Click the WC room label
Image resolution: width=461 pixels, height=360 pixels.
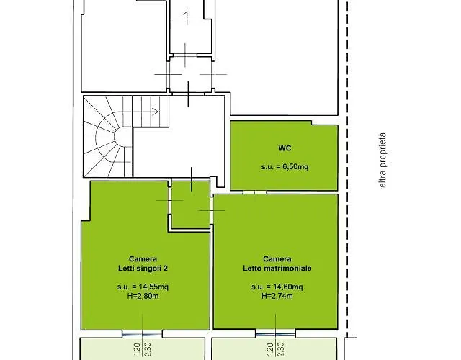tap(285, 148)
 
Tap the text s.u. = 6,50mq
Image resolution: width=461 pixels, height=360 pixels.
tap(285, 167)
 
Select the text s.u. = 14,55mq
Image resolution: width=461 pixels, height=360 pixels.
tap(143, 287)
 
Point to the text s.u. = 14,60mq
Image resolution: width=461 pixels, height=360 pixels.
tap(277, 287)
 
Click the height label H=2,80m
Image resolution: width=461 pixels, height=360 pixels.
tap(143, 296)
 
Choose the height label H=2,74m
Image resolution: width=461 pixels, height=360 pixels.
tap(277, 296)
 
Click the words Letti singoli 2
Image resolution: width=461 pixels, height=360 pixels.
tap(143, 269)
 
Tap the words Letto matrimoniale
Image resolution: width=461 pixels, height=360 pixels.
tap(277, 269)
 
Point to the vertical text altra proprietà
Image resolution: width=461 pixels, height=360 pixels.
tap(382, 161)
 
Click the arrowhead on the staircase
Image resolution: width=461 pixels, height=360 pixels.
tap(156, 112)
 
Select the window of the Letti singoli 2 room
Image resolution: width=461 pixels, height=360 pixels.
tap(143, 334)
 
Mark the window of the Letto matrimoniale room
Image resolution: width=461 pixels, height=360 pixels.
tap(275, 333)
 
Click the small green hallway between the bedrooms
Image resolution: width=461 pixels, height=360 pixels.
tap(190, 204)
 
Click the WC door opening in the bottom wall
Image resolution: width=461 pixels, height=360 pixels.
tap(255, 192)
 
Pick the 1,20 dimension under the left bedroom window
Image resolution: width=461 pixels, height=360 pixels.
tap(138, 350)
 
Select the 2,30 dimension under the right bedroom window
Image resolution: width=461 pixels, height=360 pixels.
tap(281, 349)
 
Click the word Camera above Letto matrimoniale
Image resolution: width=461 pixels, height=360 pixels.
tap(277, 259)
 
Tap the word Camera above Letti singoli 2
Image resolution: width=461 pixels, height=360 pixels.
tap(143, 259)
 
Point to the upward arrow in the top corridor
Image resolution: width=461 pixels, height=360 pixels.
tap(186, 18)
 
